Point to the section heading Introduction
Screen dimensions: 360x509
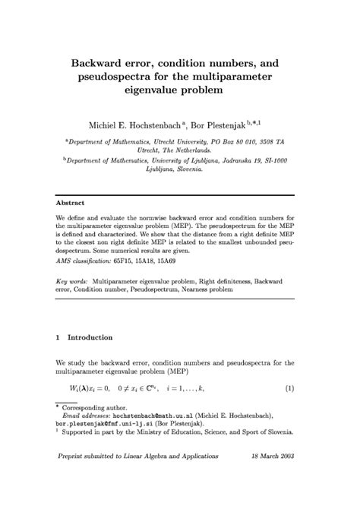90,337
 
